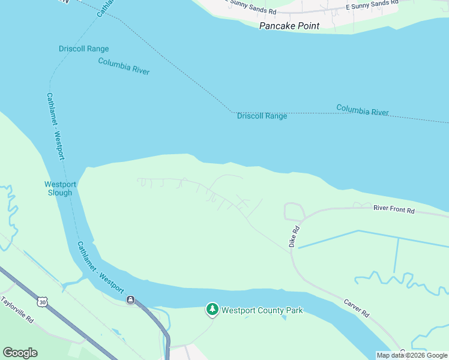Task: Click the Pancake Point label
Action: click(289, 26)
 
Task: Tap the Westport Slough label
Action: click(59, 188)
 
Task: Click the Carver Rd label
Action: click(357, 308)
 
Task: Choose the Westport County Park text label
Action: click(262, 310)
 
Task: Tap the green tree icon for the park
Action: click(212, 310)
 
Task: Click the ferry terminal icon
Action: click(130, 299)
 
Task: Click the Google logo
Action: click(20, 353)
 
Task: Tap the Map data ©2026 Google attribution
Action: click(412, 355)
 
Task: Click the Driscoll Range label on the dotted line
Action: click(262, 116)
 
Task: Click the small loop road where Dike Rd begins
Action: click(294, 211)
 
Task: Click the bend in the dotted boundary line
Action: click(232, 112)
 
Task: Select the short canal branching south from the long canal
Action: click(397, 255)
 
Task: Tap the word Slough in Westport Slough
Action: click(59, 193)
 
